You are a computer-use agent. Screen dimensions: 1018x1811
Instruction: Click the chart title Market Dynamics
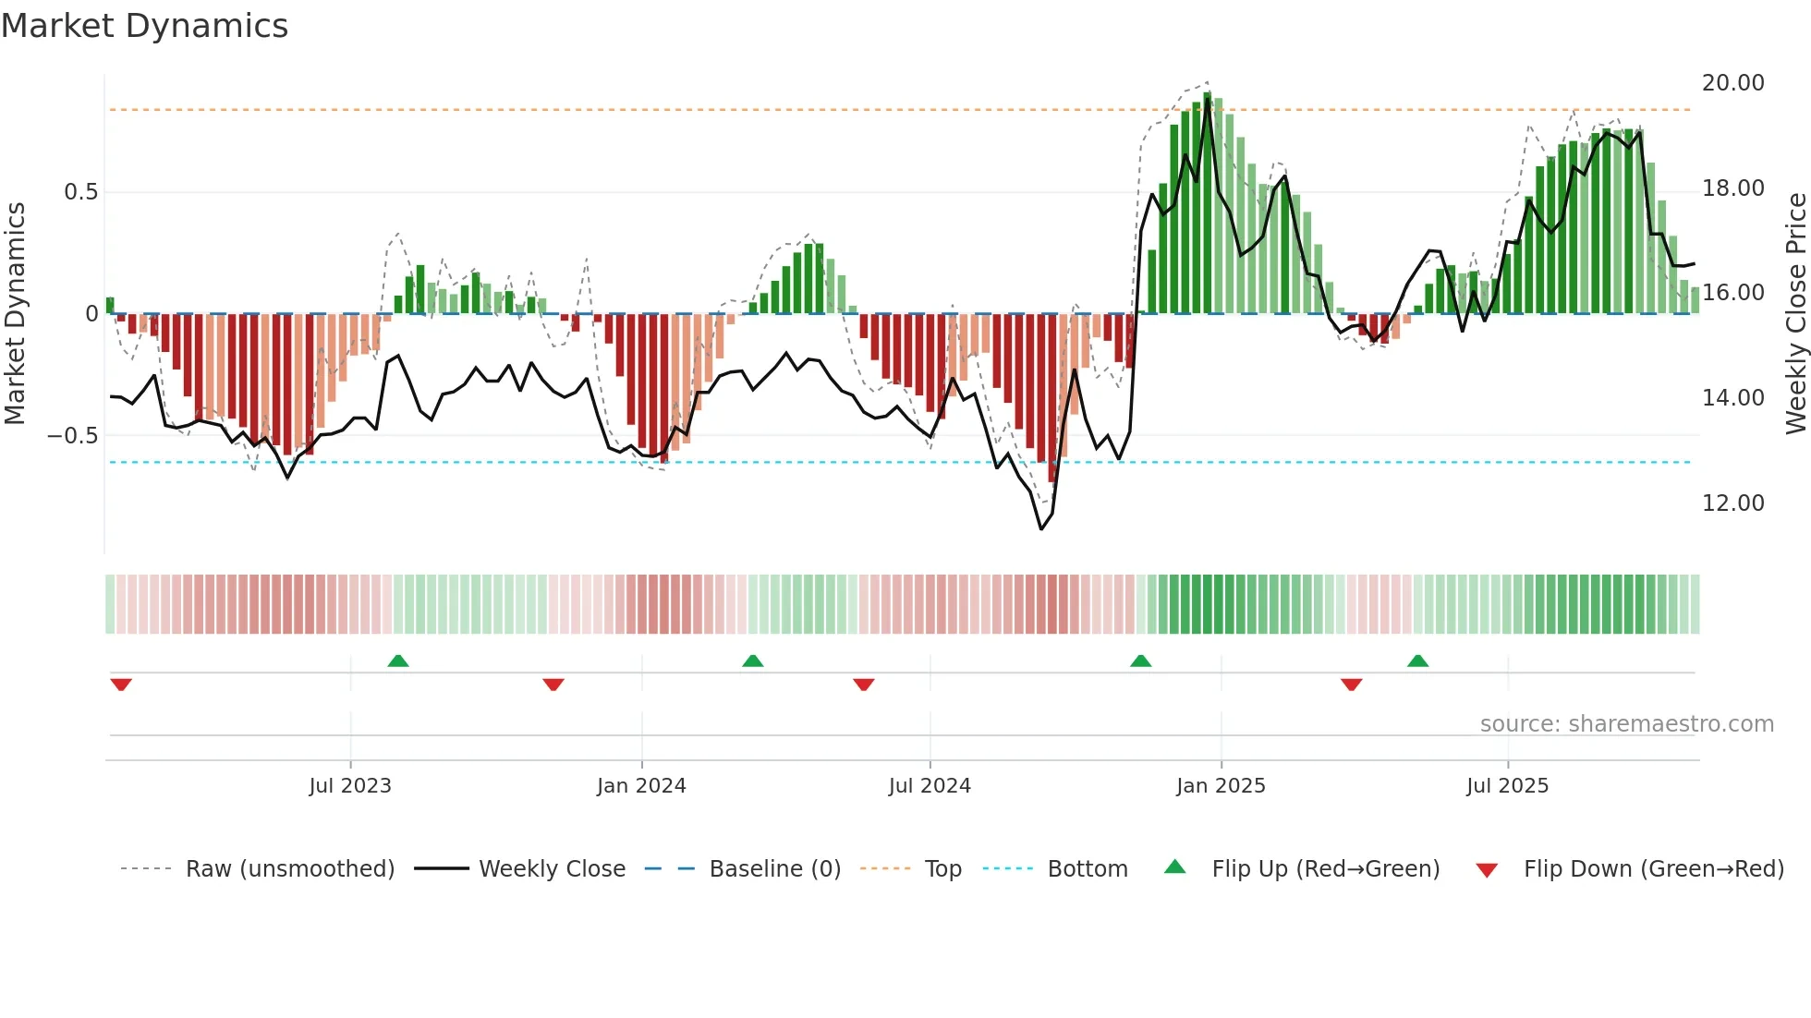[144, 26]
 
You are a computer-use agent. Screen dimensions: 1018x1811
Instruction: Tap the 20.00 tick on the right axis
[1732, 83]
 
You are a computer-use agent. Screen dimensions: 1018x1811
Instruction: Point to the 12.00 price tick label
[1732, 503]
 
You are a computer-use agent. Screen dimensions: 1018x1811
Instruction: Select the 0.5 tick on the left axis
[80, 192]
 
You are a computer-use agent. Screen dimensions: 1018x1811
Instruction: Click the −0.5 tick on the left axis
[73, 436]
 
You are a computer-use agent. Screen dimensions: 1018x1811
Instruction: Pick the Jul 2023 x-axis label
[350, 786]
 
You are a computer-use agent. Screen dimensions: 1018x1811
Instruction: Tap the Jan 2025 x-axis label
[1221, 786]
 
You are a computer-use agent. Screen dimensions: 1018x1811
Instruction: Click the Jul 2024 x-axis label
[930, 786]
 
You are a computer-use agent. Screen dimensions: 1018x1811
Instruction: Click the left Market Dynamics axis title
[15, 314]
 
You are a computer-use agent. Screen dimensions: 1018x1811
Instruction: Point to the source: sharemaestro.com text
[1626, 724]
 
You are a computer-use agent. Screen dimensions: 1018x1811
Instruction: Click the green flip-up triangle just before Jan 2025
[1140, 660]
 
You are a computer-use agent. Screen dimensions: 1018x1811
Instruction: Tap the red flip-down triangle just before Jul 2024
[864, 685]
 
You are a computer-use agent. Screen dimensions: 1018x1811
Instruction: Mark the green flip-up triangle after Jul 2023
[398, 660]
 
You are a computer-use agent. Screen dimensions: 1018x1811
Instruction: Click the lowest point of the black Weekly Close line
[1041, 529]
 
